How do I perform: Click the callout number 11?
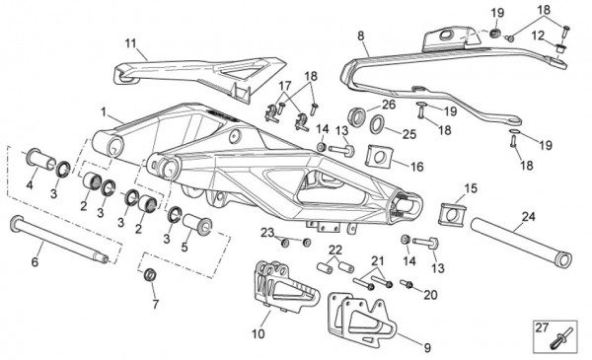(x=130, y=43)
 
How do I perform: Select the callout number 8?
(x=361, y=36)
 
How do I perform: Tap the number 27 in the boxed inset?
(x=542, y=327)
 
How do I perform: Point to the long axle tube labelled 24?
(x=521, y=242)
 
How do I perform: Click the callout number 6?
(x=35, y=261)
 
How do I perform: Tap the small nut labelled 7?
(x=151, y=274)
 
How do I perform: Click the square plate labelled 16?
(x=379, y=156)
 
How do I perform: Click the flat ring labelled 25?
(x=377, y=124)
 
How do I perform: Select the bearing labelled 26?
(x=357, y=116)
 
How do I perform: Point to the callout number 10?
(x=259, y=334)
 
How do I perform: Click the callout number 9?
(x=427, y=347)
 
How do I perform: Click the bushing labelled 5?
(x=197, y=225)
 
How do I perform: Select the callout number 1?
(x=104, y=111)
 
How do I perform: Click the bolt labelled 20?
(x=407, y=283)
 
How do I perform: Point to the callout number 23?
(x=267, y=233)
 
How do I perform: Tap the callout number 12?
(x=538, y=36)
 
